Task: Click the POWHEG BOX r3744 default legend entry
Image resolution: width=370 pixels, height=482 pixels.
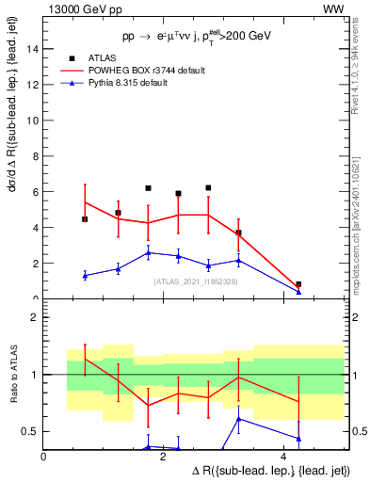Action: pos(146,71)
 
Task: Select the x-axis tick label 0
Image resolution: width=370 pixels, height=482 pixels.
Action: pos(44,456)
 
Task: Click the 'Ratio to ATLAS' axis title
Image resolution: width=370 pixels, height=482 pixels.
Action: pos(12,376)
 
